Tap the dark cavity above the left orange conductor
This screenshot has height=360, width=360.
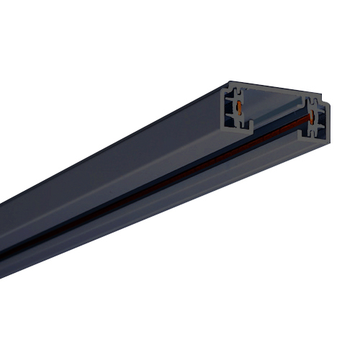pos(238,95)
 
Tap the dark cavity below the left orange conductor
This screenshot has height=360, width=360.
pos(238,121)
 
